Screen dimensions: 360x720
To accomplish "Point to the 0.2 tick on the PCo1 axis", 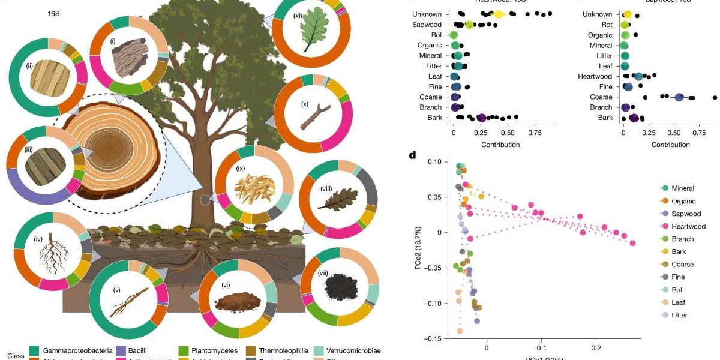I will (x=595, y=348).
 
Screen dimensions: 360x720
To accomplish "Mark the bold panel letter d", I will (x=412, y=155).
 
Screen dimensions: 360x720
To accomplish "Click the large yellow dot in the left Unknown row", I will (x=498, y=14).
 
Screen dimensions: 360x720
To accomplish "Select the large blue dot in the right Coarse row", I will (x=679, y=97).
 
